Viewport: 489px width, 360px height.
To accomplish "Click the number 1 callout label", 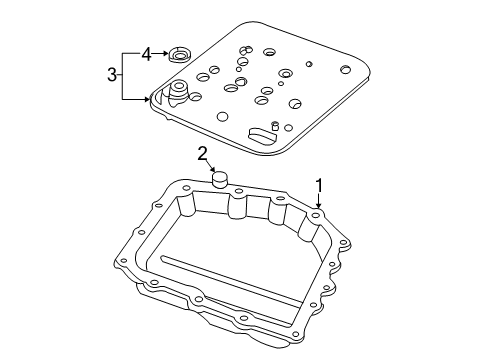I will [319, 184].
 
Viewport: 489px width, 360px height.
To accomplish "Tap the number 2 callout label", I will [202, 153].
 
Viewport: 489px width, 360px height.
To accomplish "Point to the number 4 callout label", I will [146, 54].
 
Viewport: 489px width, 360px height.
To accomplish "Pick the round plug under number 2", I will [220, 181].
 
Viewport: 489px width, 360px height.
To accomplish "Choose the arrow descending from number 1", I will [319, 199].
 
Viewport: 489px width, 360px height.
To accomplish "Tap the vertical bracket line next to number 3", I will [124, 75].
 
